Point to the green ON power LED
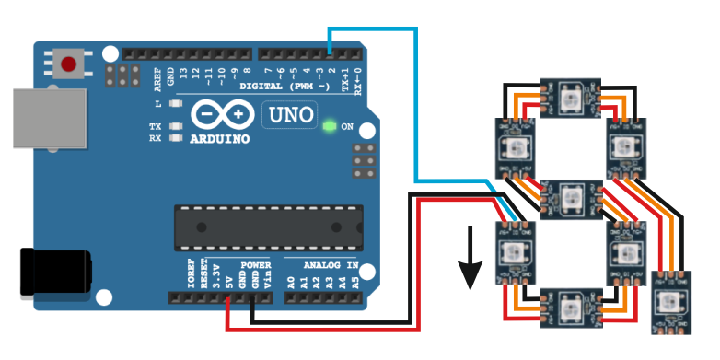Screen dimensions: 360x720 coord(329,125)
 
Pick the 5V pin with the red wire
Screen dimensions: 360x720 coord(226,297)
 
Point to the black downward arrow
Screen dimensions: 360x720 coord(471,262)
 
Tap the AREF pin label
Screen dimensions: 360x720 coord(157,77)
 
